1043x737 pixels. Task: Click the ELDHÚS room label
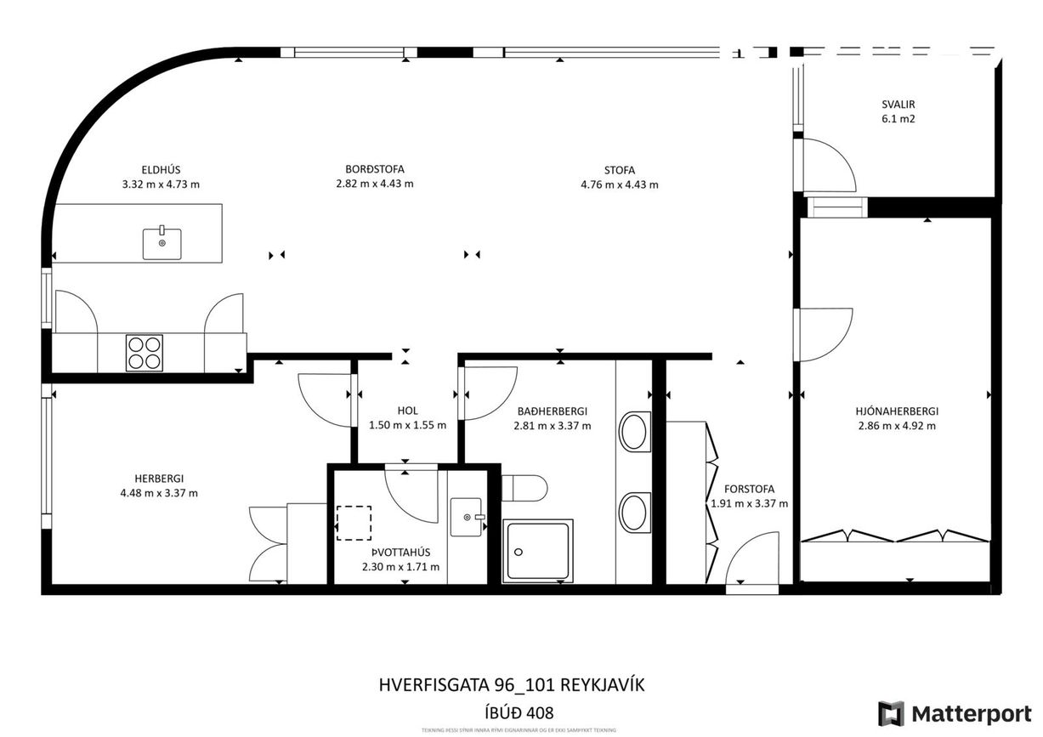161,169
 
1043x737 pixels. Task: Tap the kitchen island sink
162,243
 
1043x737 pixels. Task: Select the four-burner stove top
145,353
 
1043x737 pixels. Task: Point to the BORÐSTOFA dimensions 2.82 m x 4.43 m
375,184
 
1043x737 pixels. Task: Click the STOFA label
619,170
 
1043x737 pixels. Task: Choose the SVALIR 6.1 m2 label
898,111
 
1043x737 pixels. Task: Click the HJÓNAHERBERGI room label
896,411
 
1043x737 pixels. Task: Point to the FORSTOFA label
749,489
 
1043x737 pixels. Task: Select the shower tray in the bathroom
537,551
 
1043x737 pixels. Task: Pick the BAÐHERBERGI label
552,411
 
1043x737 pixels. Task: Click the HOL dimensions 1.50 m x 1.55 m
407,426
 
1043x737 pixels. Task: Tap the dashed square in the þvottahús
354,523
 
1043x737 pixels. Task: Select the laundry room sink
467,517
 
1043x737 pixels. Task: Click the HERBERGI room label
159,479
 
